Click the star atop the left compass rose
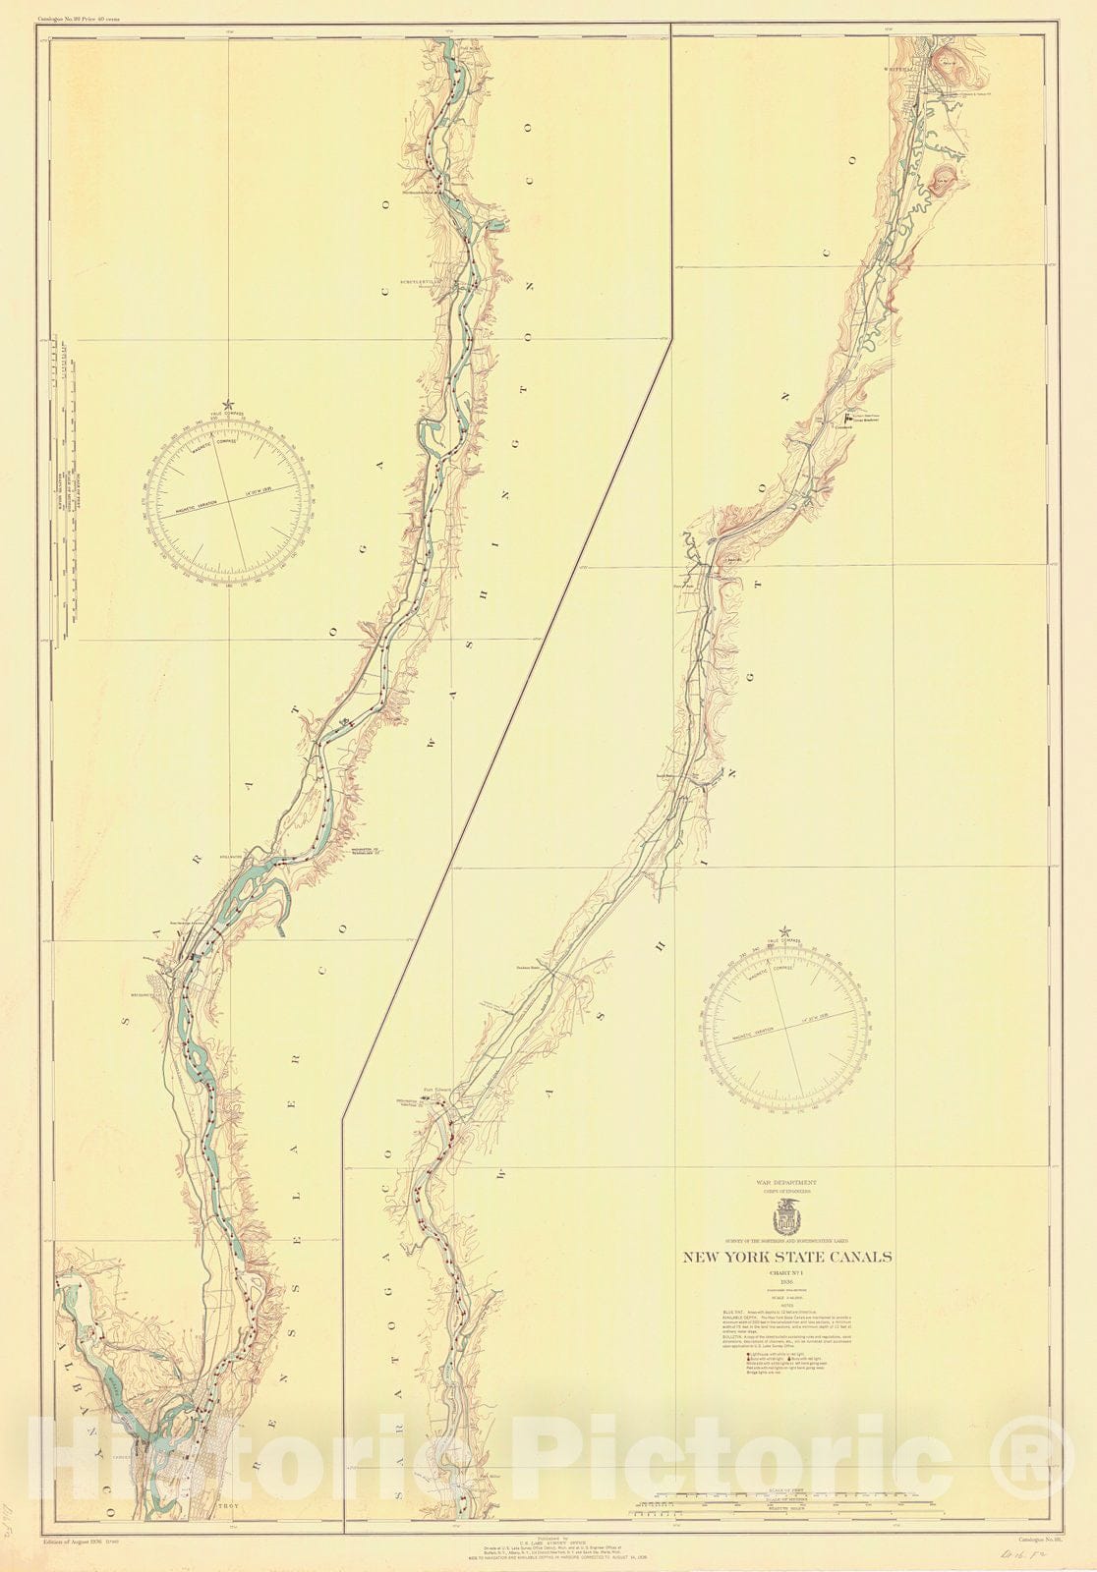click(x=229, y=404)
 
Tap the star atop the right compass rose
click(x=785, y=929)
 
